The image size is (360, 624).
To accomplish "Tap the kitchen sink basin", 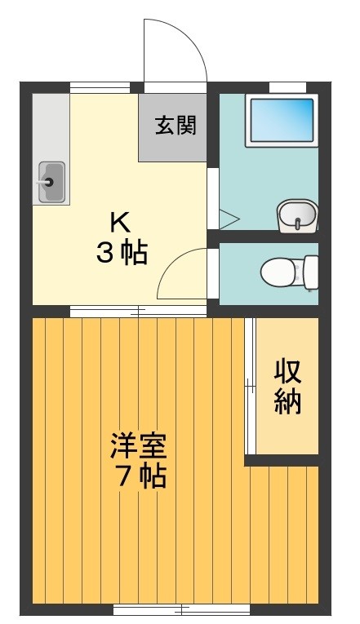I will [51, 181].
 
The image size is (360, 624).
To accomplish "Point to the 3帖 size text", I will [122, 254].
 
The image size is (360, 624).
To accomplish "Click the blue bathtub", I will [281, 121].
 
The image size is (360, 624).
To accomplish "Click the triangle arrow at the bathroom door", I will [226, 219].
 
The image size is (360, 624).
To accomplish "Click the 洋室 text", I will [138, 448].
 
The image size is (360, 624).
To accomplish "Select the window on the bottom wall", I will [181, 609].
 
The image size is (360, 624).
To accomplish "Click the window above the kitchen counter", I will [105, 87].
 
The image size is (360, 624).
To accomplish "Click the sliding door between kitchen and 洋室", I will [137, 310].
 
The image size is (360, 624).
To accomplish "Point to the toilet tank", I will [310, 272].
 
